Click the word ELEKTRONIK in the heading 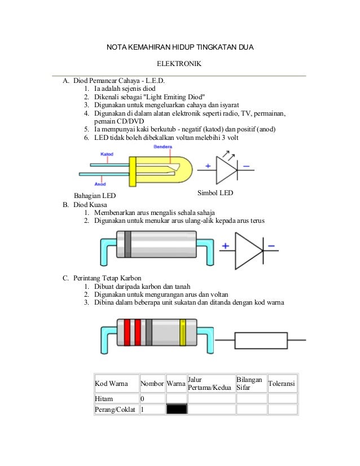[x=178, y=65]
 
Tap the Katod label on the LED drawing [x=107, y=153]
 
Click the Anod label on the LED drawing [x=100, y=183]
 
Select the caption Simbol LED [x=216, y=193]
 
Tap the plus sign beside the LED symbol [x=208, y=166]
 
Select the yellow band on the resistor [x=182, y=332]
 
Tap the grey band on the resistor [x=149, y=332]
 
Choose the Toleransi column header [x=282, y=384]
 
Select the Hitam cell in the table [x=104, y=399]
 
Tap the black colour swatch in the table [x=176, y=410]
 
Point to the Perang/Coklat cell [x=115, y=410]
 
